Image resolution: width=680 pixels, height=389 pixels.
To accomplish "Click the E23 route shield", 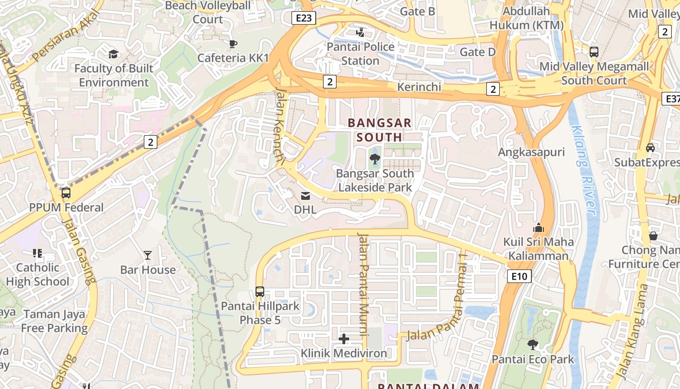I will [304, 18].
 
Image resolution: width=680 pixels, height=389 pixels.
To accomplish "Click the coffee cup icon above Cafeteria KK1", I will [233, 44].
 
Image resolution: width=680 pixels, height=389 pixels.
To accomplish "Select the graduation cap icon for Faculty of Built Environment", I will [113, 54].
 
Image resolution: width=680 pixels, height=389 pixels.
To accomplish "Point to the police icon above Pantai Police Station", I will [360, 33].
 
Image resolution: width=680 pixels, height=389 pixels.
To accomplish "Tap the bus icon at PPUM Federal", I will [66, 193].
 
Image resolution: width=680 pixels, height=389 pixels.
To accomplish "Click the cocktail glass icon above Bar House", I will [148, 255].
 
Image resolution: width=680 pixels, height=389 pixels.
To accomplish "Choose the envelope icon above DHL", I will [306, 196].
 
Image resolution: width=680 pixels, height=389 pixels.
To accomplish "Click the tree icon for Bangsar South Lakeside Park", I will [374, 159].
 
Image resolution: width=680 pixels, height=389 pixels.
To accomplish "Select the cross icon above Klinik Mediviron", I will [344, 339].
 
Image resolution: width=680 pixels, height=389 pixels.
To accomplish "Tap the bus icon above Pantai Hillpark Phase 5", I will [260, 292].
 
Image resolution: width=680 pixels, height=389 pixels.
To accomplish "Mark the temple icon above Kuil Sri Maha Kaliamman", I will [538, 228].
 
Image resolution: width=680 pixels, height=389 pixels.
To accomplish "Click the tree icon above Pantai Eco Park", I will [533, 345].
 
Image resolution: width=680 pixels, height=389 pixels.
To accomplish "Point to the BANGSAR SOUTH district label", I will [380, 130].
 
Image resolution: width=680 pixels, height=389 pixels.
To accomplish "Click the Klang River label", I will [583, 170].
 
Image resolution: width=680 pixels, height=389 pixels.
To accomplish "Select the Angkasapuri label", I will [531, 152].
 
